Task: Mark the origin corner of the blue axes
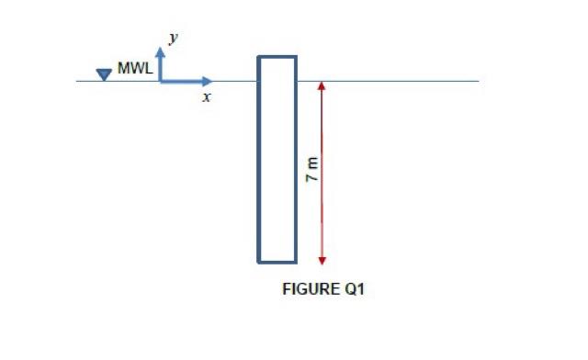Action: [x=161, y=81]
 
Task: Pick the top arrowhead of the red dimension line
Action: [x=322, y=85]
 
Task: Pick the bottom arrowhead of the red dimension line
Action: [x=322, y=258]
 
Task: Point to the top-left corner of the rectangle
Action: [x=258, y=57]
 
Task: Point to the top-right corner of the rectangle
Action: [x=296, y=57]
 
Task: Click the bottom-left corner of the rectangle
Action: [x=258, y=262]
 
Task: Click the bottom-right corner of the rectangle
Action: [x=296, y=262]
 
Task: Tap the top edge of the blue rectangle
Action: [x=277, y=57]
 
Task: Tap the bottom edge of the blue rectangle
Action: [x=277, y=262]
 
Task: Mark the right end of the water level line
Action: [x=478, y=81]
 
